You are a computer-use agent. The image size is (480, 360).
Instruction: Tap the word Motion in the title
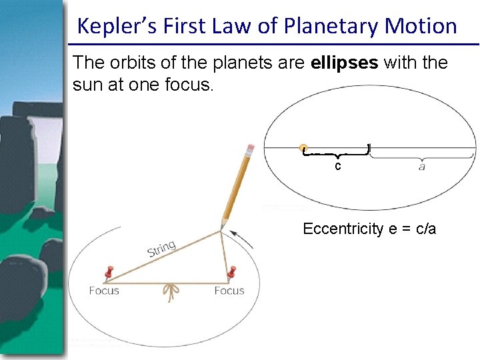(421, 26)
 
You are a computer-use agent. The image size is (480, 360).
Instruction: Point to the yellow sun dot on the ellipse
(303, 148)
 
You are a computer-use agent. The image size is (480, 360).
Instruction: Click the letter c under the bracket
(338, 166)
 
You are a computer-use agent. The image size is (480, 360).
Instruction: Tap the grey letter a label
(421, 166)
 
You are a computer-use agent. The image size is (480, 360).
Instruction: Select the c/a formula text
(424, 229)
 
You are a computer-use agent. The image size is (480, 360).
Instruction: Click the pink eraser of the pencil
(250, 148)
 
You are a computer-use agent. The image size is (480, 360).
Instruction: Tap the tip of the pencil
(222, 229)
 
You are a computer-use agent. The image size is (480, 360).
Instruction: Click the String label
(161, 249)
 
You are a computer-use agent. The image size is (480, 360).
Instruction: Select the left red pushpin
(108, 272)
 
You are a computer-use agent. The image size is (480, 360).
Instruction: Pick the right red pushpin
(232, 272)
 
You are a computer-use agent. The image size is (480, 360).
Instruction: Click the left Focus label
(104, 291)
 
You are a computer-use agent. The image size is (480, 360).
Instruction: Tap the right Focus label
(229, 291)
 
